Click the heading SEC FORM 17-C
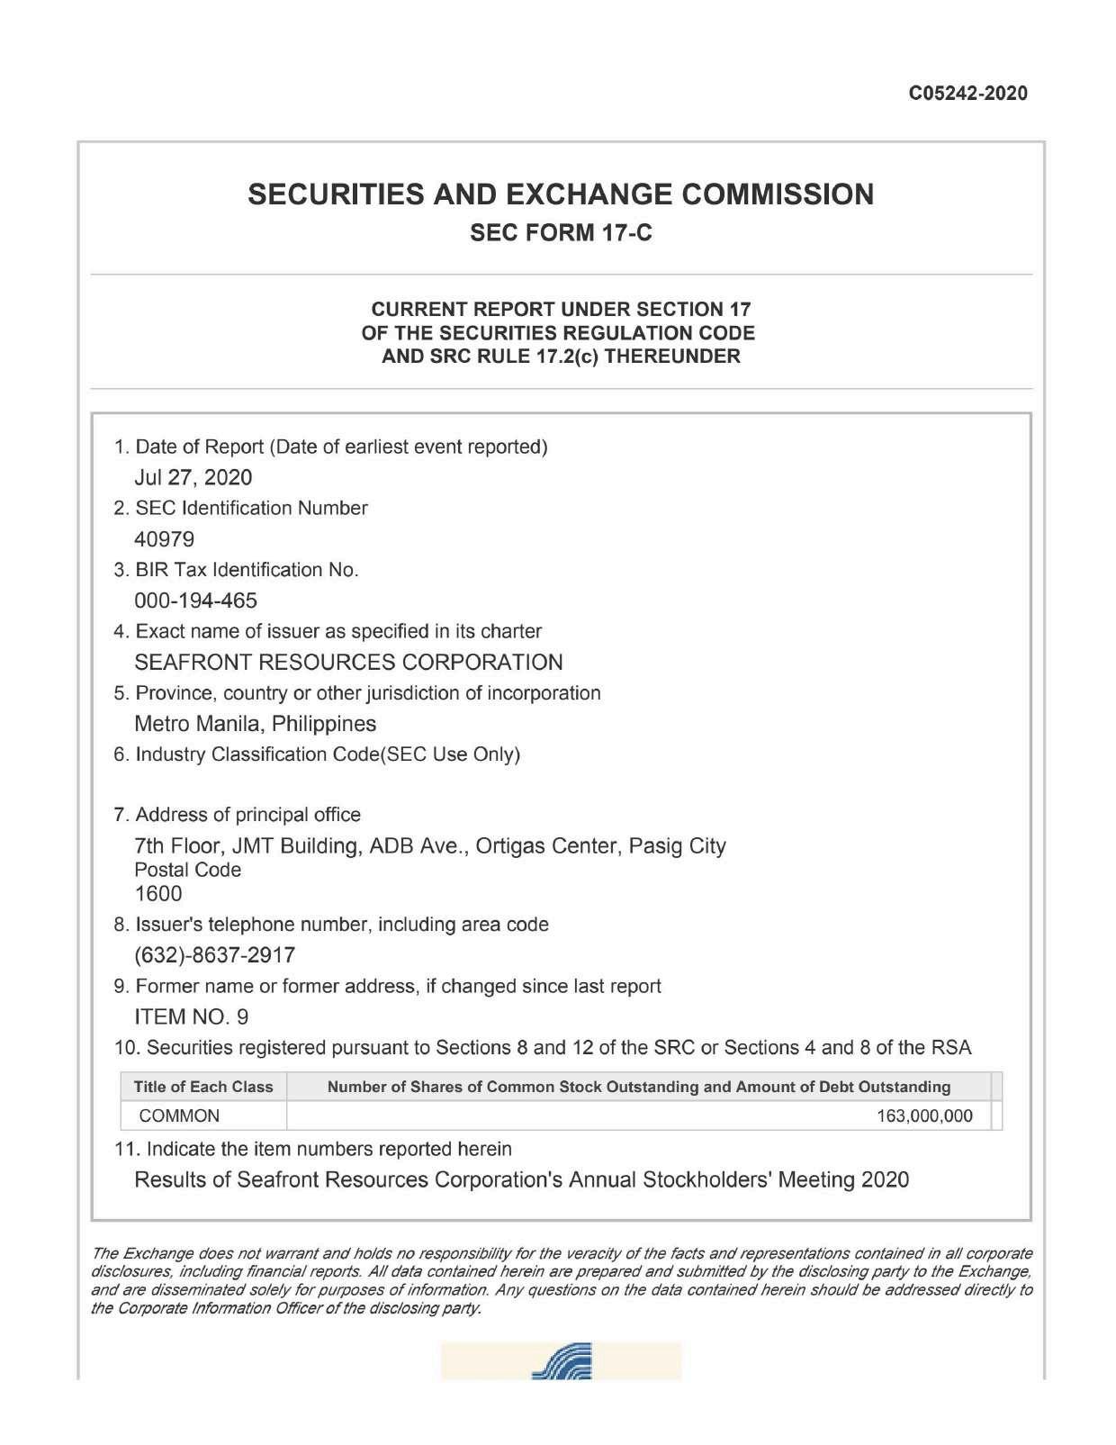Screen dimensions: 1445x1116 [x=562, y=233]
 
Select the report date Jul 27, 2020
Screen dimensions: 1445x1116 [x=193, y=477]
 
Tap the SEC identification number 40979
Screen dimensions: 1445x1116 [x=164, y=539]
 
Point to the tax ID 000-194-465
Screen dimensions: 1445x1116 [x=195, y=601]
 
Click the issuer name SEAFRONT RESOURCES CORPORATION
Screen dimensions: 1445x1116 [x=348, y=663]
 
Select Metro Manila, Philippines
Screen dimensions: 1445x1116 [x=255, y=724]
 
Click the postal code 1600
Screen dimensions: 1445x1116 [x=157, y=894]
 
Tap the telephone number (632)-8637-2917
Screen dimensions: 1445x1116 [x=214, y=954]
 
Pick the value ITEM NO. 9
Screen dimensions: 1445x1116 [x=191, y=1017]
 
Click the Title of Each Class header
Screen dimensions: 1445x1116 [x=203, y=1087]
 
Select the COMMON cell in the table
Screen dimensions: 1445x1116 [x=179, y=1116]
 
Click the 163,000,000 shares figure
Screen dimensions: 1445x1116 [x=924, y=1116]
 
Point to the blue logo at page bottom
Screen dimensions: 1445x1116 [x=562, y=1361]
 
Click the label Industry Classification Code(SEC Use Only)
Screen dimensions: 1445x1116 [x=327, y=754]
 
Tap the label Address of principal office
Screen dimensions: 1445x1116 [x=247, y=815]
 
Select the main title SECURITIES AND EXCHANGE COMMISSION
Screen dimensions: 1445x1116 [x=561, y=194]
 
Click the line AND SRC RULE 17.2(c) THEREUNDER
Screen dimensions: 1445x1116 [x=561, y=357]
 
